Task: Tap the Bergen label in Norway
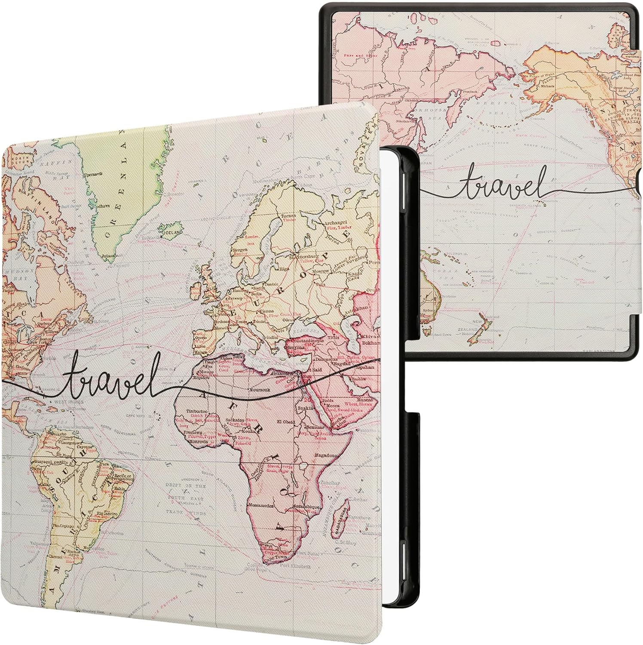click(x=239, y=249)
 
